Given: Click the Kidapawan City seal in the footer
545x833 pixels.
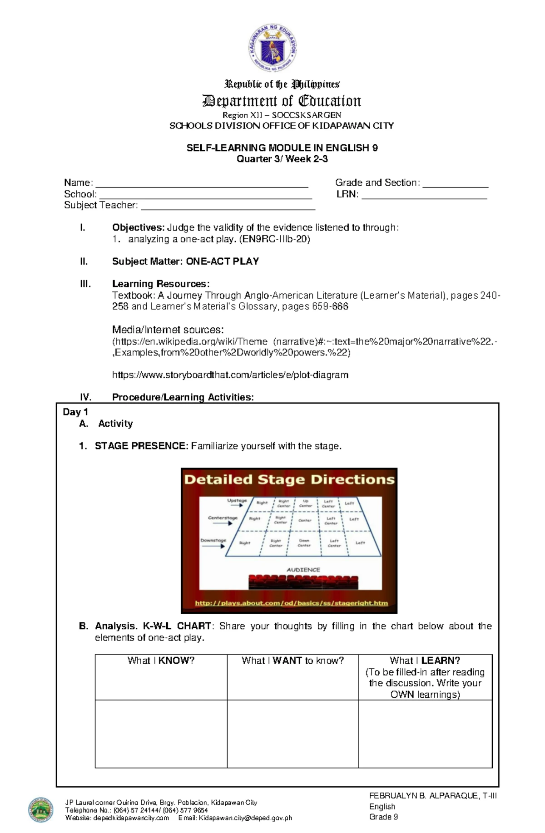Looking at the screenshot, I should (x=41, y=810).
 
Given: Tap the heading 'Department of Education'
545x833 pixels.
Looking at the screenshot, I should (x=281, y=100).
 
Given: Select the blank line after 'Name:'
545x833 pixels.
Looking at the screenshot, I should (x=202, y=184).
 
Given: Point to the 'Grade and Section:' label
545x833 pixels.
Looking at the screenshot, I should (x=377, y=182).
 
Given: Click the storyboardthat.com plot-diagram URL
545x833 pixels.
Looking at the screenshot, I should (x=230, y=375).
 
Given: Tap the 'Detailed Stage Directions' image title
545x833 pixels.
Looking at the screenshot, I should (x=289, y=479).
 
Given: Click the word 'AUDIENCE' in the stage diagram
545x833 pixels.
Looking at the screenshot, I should (x=303, y=570).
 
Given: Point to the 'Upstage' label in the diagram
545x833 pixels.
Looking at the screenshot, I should (x=237, y=500).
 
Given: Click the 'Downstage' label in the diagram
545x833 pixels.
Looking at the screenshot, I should (x=213, y=540).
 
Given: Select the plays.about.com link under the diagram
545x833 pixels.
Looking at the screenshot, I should (x=291, y=603).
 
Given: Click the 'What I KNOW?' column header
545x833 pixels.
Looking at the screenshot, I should (x=161, y=660).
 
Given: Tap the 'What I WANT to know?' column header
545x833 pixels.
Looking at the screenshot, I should (x=292, y=660).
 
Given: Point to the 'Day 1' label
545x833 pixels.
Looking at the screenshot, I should (x=75, y=412).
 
